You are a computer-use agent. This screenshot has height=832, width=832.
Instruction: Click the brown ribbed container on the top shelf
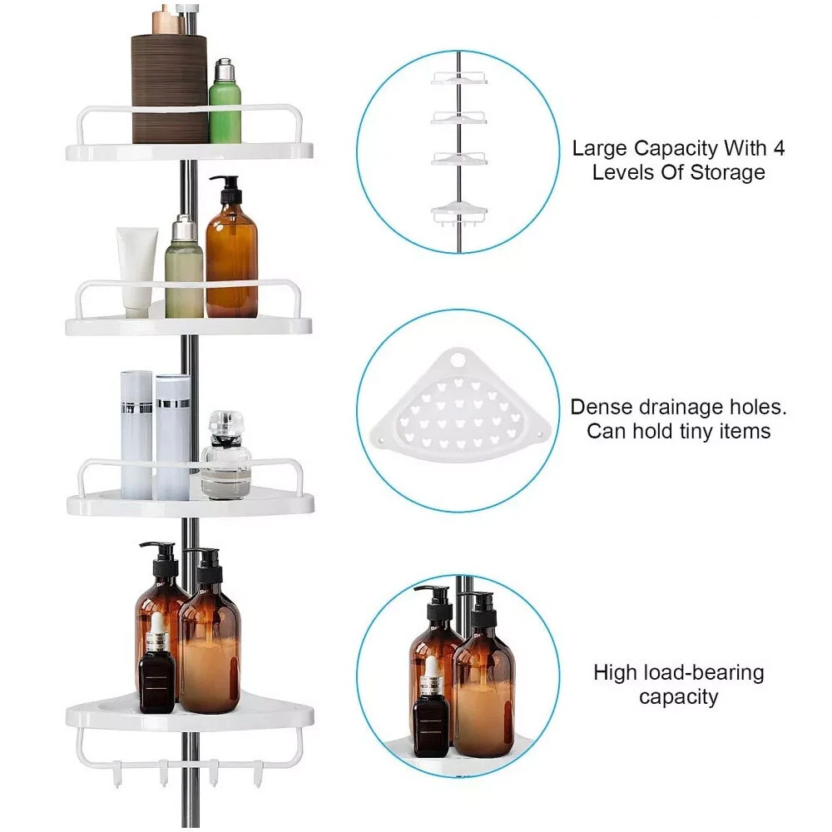169,88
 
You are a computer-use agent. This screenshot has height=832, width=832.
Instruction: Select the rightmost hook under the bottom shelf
258,773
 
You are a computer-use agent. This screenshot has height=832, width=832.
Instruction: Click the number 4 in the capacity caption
779,148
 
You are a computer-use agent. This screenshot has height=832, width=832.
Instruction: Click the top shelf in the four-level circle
458,78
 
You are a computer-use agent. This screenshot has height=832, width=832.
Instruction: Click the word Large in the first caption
599,149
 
